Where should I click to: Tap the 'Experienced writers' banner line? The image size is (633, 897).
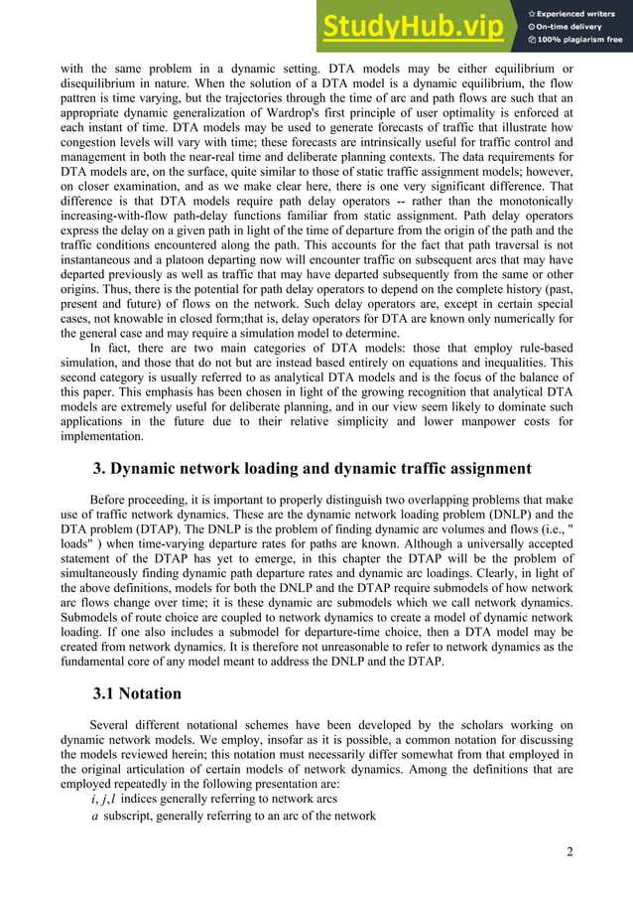pos(578,11)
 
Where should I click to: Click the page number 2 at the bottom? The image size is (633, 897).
pos(570,851)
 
